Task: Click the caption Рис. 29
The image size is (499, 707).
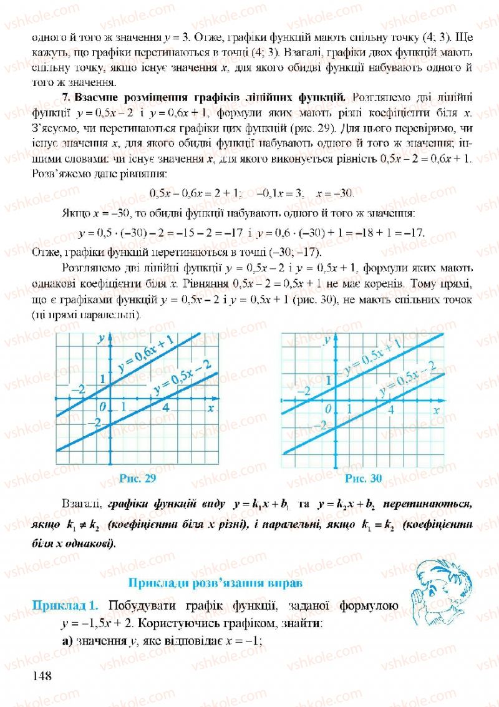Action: pos(136,479)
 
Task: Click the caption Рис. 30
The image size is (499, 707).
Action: pos(362,479)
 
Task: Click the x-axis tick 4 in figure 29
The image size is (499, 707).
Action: pos(166,408)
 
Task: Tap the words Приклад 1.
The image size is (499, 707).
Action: pos(65,605)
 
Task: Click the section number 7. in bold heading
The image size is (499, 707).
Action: pos(68,97)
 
